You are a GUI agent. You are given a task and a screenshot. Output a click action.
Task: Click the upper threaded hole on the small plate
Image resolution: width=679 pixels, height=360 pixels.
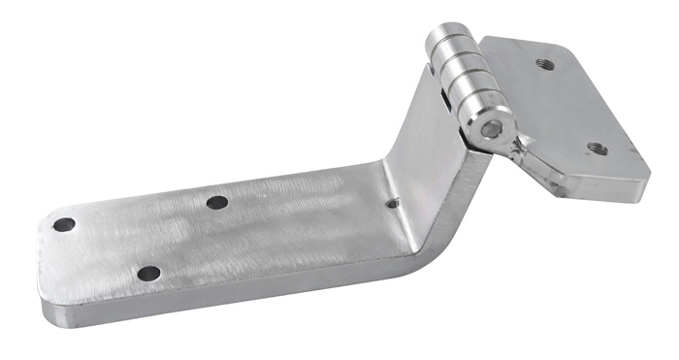[543, 65]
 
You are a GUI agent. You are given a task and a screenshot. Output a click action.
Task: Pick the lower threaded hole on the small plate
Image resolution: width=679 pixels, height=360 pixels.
[597, 148]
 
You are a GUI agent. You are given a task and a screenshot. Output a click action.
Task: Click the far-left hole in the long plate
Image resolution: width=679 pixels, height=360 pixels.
[64, 224]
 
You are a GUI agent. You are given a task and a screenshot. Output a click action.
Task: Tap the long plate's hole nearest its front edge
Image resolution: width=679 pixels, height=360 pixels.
[148, 274]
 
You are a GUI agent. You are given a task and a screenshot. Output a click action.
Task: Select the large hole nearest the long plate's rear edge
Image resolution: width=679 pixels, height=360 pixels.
[217, 203]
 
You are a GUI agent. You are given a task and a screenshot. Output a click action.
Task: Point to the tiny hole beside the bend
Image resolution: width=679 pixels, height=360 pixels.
[392, 204]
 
